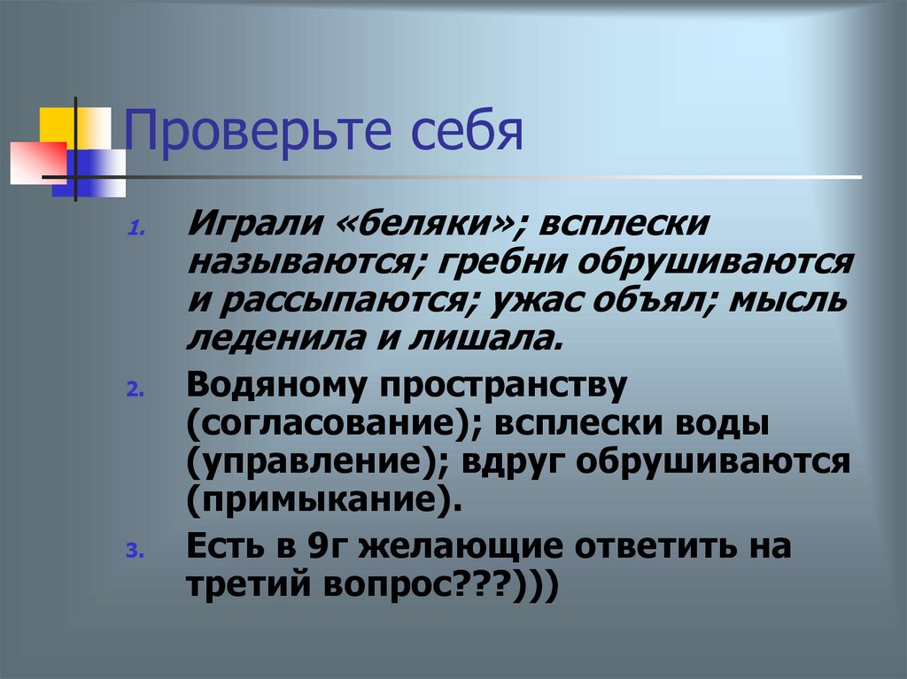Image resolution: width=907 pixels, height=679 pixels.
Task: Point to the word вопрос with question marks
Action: click(x=397, y=585)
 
